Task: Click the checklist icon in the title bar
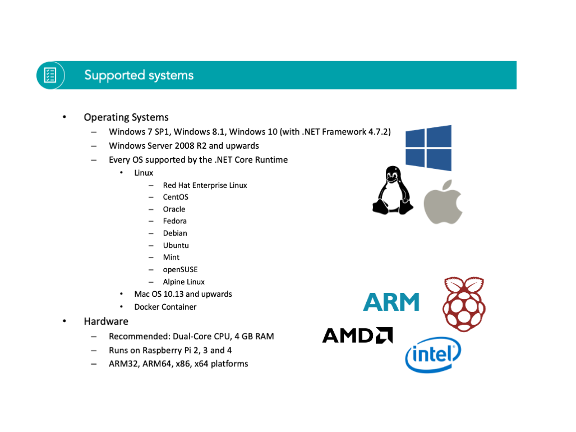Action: pyautogui.click(x=50, y=75)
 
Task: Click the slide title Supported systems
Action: pyautogui.click(x=139, y=75)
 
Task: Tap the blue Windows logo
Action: pyautogui.click(x=428, y=148)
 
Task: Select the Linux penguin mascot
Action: pyautogui.click(x=393, y=190)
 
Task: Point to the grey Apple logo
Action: pyautogui.click(x=443, y=202)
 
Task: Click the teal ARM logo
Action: pyautogui.click(x=391, y=302)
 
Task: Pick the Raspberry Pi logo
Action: pyautogui.click(x=464, y=304)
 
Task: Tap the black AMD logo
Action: pyautogui.click(x=357, y=336)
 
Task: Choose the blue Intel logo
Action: pyautogui.click(x=433, y=355)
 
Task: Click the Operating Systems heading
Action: pyautogui.click(x=126, y=117)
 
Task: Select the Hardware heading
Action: pyautogui.click(x=106, y=321)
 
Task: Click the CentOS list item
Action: pyautogui.click(x=176, y=197)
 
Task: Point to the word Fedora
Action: pyautogui.click(x=175, y=221)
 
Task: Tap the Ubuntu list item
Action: pyautogui.click(x=176, y=245)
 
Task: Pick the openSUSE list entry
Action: pyautogui.click(x=181, y=270)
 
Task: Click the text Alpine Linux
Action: pyautogui.click(x=183, y=282)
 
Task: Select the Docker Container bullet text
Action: pyautogui.click(x=165, y=307)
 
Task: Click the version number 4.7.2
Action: pyautogui.click(x=380, y=132)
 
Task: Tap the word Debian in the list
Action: pyautogui.click(x=175, y=233)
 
